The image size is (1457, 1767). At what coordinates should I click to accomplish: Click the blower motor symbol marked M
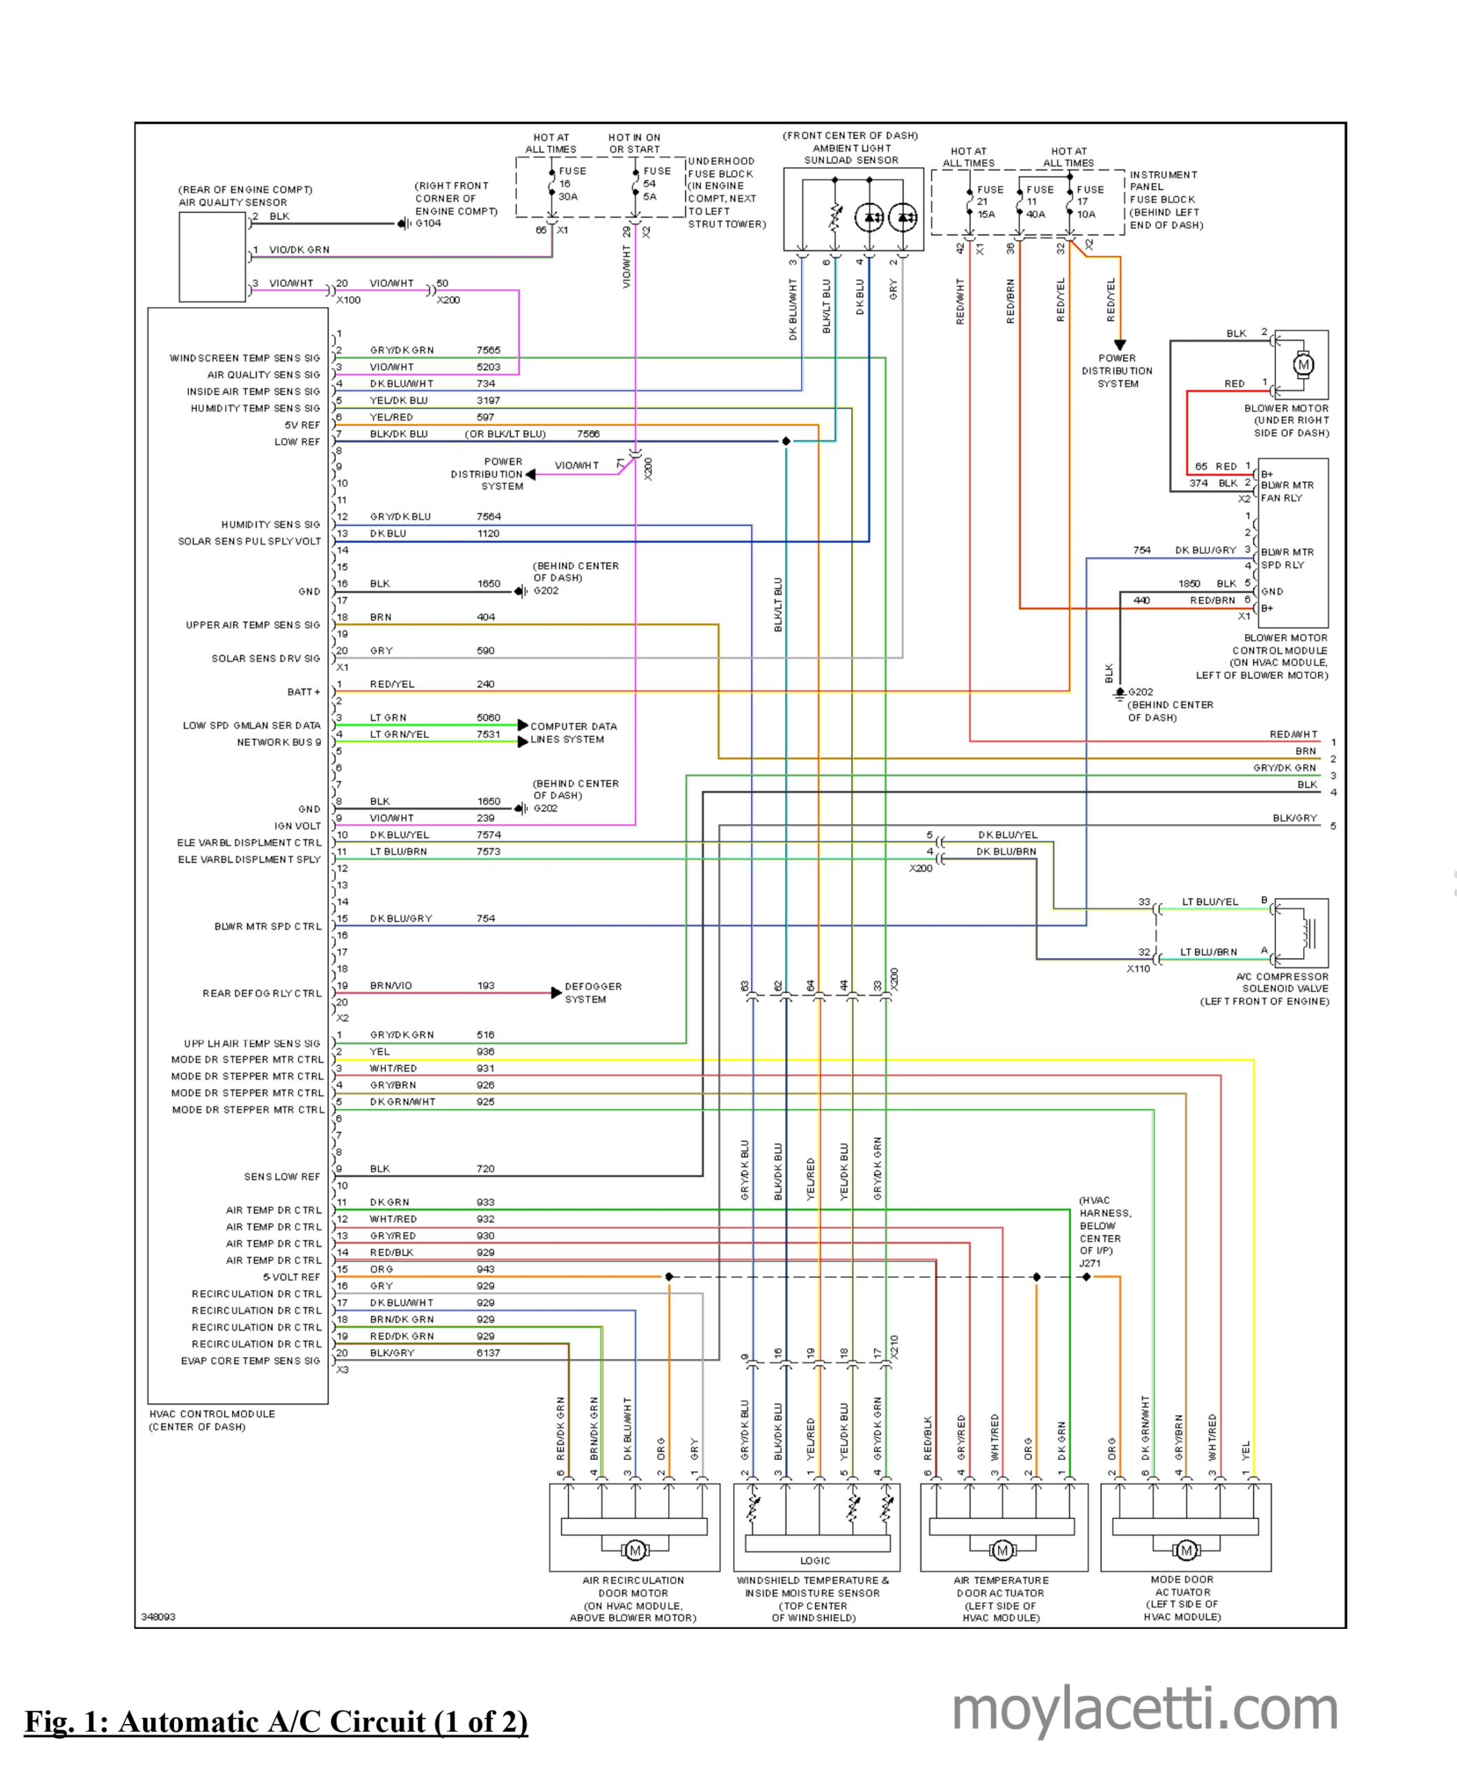(x=1302, y=364)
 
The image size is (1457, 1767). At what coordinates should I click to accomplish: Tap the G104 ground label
(x=428, y=223)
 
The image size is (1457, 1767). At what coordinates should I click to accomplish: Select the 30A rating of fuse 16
(x=568, y=197)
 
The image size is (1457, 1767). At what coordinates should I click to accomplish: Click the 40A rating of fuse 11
(x=1036, y=214)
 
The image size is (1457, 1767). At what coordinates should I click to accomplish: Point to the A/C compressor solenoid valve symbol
(x=1302, y=933)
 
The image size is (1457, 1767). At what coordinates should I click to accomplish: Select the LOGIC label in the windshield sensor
(x=815, y=1561)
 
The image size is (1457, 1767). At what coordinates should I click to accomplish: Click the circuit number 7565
(x=489, y=350)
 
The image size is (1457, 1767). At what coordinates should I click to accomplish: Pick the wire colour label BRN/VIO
(x=391, y=986)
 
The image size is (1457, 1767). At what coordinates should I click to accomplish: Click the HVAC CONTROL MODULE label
(x=213, y=1414)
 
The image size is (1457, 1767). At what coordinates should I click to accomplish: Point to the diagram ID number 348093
(x=159, y=1617)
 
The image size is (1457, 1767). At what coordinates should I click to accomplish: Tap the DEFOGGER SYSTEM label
(x=594, y=992)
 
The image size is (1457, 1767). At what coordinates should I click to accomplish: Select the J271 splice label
(x=1091, y=1262)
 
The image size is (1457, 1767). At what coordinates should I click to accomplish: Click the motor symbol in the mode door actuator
(x=1186, y=1550)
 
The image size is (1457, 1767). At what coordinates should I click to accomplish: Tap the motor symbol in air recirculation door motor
(x=634, y=1550)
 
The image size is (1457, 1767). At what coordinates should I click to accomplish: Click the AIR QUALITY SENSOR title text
(x=233, y=202)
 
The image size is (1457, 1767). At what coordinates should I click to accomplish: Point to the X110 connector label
(x=1138, y=968)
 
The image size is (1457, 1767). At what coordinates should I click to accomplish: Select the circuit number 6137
(x=489, y=1352)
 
